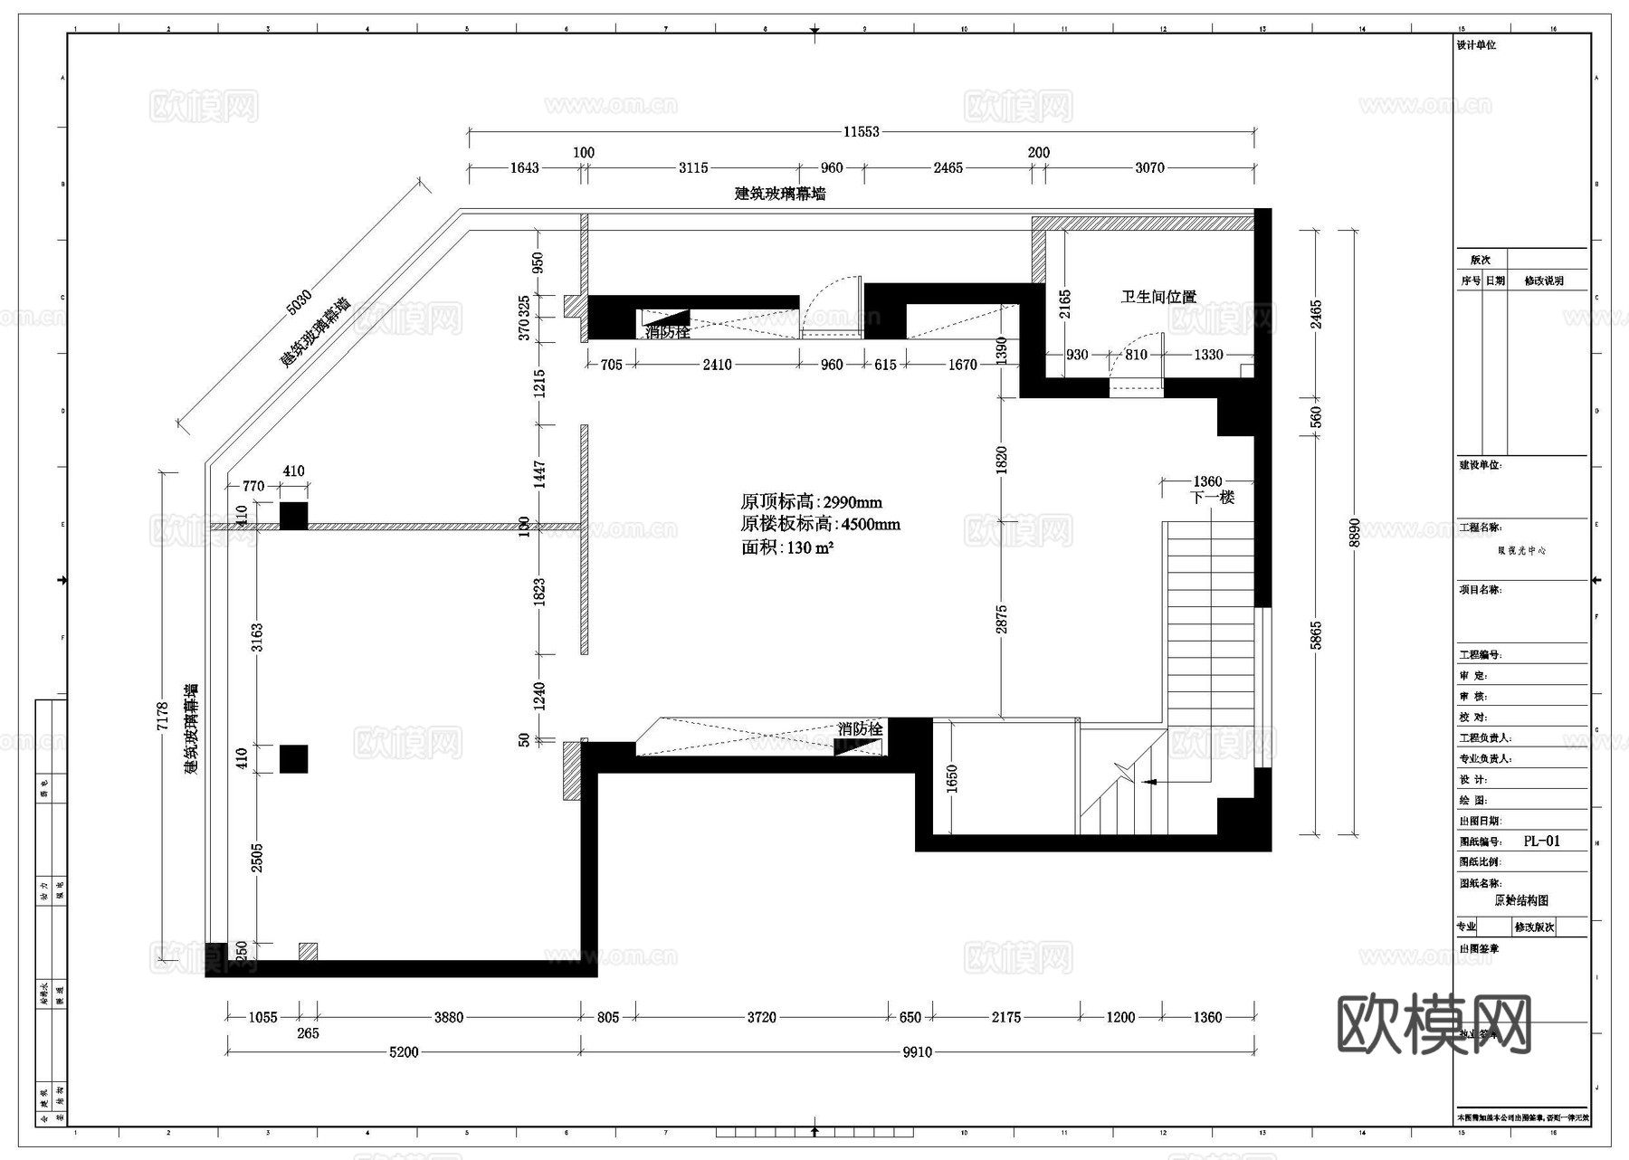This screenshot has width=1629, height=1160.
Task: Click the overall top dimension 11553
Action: click(x=861, y=131)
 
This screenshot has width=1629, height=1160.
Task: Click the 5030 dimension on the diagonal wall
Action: click(x=299, y=302)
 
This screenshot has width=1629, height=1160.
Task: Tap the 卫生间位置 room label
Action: click(x=1158, y=297)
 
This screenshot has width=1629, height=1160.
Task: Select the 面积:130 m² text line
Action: click(x=786, y=547)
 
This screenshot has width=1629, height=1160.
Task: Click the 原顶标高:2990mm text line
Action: click(x=811, y=502)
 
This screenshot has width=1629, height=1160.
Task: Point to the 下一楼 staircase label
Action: click(x=1212, y=497)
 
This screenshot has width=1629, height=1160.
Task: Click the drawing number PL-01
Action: click(x=1541, y=841)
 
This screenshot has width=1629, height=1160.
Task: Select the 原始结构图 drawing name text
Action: click(x=1520, y=900)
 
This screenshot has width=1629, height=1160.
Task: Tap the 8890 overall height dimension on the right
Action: click(x=1354, y=532)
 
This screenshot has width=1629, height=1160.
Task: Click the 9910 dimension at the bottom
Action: click(x=917, y=1051)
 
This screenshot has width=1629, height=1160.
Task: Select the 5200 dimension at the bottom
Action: click(x=404, y=1051)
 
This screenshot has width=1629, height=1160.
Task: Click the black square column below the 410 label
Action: click(x=293, y=516)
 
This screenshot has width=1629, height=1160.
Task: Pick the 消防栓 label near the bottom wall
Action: click(x=860, y=728)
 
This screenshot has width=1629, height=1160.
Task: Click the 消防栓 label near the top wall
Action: click(x=667, y=332)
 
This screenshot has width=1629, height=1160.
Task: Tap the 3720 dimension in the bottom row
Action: click(x=761, y=1017)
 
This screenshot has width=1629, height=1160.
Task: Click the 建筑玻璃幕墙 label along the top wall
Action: click(x=779, y=193)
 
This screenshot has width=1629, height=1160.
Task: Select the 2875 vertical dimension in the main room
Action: click(x=1001, y=619)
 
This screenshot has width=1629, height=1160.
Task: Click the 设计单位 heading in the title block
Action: click(x=1476, y=45)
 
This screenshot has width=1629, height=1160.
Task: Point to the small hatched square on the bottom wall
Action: click(x=308, y=951)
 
